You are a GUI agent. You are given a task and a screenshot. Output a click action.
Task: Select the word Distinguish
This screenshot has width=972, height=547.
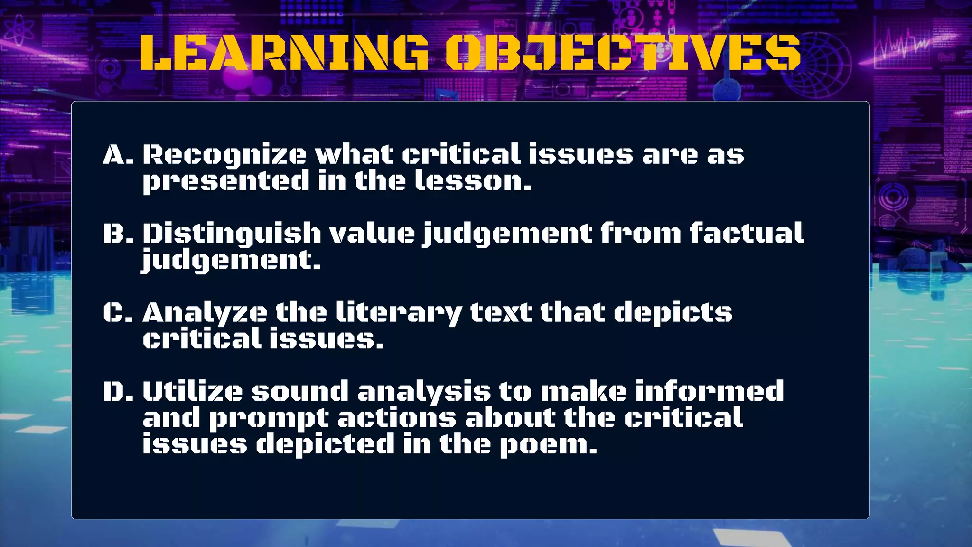[x=232, y=234]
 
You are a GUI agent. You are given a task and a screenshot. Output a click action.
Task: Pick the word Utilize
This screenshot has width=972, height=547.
[x=192, y=391]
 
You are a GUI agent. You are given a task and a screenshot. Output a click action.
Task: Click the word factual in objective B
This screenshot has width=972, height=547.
[x=747, y=234]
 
